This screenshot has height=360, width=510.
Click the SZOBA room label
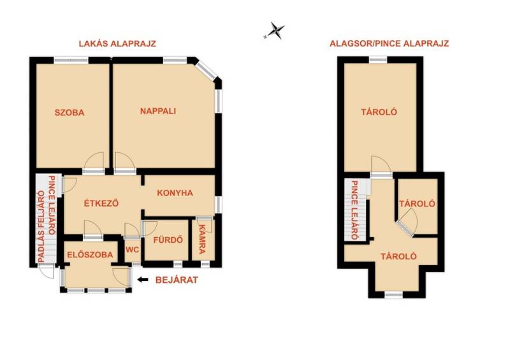tap(69, 113)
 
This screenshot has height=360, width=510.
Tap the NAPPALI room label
tap(158, 111)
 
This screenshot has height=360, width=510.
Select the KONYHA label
tap(175, 193)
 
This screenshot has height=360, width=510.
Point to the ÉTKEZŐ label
tap(101, 203)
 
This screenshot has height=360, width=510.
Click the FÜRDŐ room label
tap(168, 240)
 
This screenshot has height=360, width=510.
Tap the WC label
tap(133, 250)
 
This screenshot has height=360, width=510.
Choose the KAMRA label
tap(202, 239)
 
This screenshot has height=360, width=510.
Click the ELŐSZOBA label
tap(90, 255)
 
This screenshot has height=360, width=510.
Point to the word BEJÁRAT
tap(177, 280)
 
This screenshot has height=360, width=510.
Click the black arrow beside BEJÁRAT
tap(142, 279)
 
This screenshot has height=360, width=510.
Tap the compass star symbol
tap(275, 31)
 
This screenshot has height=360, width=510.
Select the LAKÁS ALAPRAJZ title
tap(117, 43)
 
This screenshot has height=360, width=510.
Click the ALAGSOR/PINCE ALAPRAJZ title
tap(389, 43)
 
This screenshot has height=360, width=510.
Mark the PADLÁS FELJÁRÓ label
tap(41, 227)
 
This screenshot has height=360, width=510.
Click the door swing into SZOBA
tap(93, 161)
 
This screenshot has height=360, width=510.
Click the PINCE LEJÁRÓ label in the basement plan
tap(354, 210)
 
